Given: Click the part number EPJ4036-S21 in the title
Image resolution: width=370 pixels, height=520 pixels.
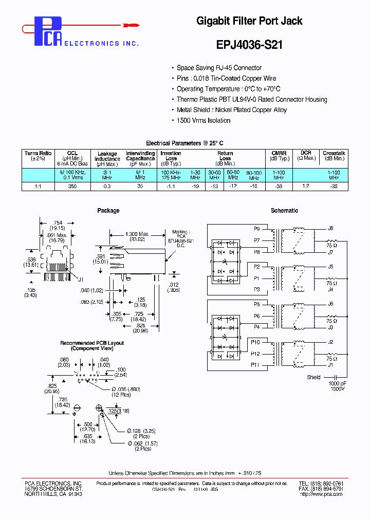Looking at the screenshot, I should point(249,45).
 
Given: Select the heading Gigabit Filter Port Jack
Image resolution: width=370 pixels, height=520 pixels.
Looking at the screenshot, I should point(249,21).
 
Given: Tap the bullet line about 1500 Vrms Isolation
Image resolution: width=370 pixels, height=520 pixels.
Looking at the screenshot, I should point(203,120).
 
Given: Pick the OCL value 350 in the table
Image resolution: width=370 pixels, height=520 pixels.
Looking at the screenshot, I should point(72,187).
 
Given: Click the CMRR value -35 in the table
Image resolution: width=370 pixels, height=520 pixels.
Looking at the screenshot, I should point(279,187).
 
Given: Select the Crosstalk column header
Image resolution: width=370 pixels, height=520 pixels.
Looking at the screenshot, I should point(334,156).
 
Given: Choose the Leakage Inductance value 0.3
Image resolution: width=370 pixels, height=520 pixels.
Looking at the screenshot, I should point(107,187).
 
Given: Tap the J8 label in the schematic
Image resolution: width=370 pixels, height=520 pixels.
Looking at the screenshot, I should point(330,228).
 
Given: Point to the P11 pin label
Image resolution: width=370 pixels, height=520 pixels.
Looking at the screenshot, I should point(255,365).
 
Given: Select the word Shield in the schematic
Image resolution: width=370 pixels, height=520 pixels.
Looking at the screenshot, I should point(313,377).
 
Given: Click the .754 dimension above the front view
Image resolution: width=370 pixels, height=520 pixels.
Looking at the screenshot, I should point(57,222).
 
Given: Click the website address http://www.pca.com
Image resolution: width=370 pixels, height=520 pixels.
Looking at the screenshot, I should point(321,494).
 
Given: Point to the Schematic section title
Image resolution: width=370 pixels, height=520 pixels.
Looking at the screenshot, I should point(284,211).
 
